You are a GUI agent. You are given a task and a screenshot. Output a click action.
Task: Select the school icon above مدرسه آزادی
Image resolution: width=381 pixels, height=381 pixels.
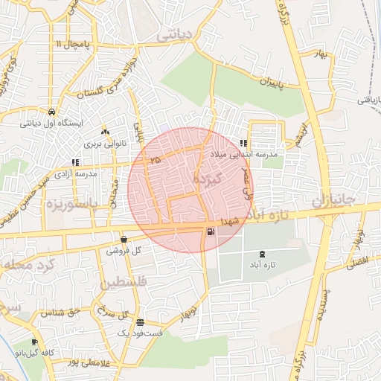pos(74,161)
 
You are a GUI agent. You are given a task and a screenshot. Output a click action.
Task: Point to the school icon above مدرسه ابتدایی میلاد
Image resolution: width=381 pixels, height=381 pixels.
pos(243,143)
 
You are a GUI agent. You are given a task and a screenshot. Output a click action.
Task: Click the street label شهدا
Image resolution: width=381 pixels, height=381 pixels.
pos(228,221)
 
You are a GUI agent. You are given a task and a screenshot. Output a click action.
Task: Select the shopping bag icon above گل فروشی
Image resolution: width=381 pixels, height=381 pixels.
pos(123,240)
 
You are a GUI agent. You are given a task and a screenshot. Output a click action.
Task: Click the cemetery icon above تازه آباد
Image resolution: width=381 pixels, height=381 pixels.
pos(260,254)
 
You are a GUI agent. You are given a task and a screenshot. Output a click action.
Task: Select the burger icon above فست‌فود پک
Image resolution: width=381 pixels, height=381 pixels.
pos(141,322)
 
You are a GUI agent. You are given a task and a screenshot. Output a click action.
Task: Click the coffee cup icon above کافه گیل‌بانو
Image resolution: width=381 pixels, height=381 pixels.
pos(34,342)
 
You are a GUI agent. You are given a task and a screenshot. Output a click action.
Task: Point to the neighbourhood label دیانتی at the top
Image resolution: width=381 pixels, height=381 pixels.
pos(176,33)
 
